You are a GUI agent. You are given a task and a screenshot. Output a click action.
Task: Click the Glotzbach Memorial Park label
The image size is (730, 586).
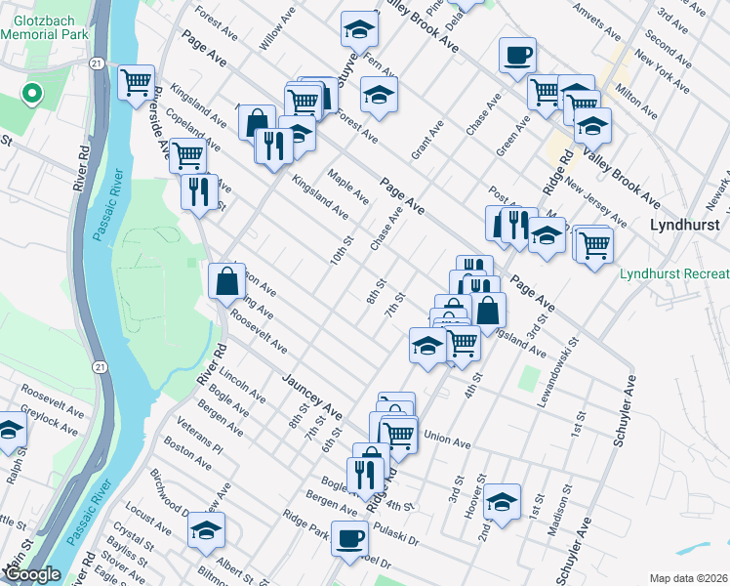pos(45,24)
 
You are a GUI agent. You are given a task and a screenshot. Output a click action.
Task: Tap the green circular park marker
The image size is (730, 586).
pos(31,95)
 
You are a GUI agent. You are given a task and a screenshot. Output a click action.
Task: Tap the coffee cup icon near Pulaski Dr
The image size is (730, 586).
pos(349,536)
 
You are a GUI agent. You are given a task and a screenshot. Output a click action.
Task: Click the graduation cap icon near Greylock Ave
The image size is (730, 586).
pos(10,430)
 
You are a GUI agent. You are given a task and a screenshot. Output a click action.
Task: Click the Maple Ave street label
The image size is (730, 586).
pos(347,187)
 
